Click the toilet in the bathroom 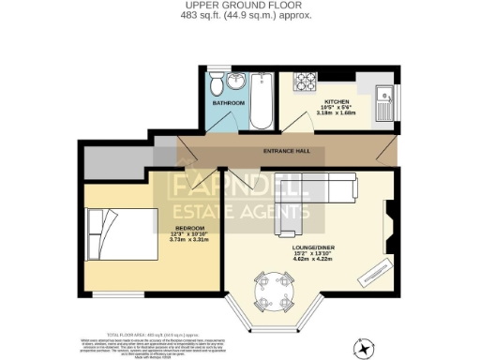217,85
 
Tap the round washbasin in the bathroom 234,81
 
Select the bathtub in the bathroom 262,103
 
